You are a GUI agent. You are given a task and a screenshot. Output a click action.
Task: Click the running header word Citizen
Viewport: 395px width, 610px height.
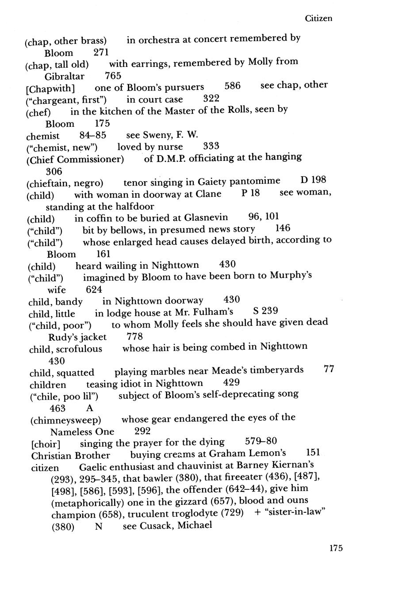318,19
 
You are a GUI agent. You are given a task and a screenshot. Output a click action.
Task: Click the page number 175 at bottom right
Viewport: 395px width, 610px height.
336,548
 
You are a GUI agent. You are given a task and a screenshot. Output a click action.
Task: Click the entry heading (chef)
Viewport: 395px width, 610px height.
38,112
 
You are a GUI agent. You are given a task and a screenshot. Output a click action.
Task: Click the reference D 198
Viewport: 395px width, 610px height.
313,180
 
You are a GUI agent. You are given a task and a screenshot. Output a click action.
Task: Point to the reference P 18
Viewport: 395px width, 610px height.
251,194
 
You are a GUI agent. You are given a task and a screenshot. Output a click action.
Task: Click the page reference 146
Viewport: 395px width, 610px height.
283,229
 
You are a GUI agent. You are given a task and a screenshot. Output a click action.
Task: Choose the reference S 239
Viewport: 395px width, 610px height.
265,312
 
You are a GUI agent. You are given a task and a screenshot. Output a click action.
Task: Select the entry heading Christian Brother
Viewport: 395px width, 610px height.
71,455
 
